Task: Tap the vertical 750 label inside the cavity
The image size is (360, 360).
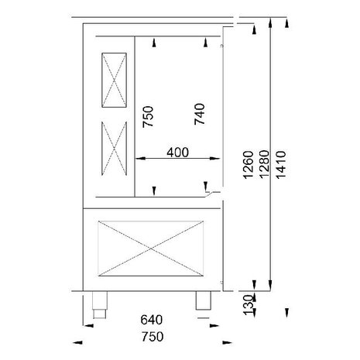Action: point(148,118)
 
